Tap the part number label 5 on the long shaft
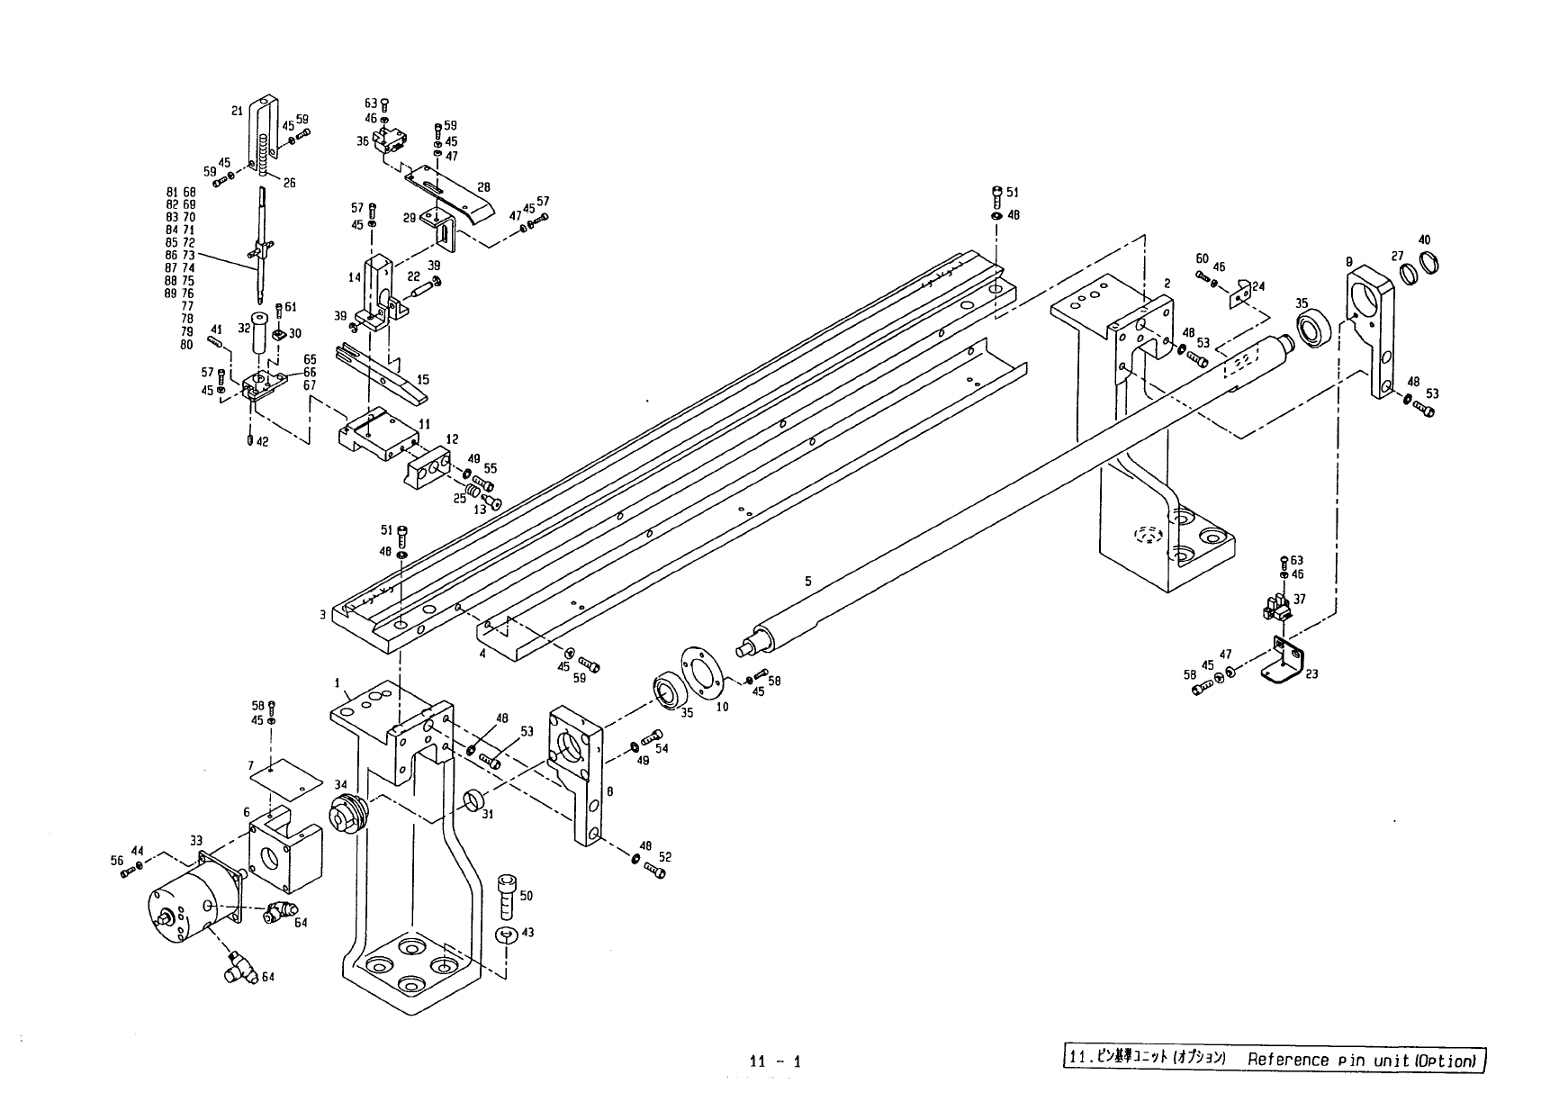[x=807, y=582]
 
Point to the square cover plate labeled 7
[x=285, y=773]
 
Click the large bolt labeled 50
[x=507, y=896]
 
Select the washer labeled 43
[x=505, y=936]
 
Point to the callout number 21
[x=237, y=111]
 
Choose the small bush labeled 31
[x=473, y=801]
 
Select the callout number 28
[x=483, y=187]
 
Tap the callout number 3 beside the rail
[x=321, y=615]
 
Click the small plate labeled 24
[x=1243, y=292]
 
